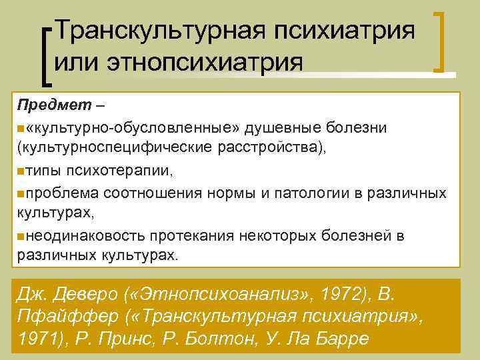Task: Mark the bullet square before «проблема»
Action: tap(21, 192)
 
